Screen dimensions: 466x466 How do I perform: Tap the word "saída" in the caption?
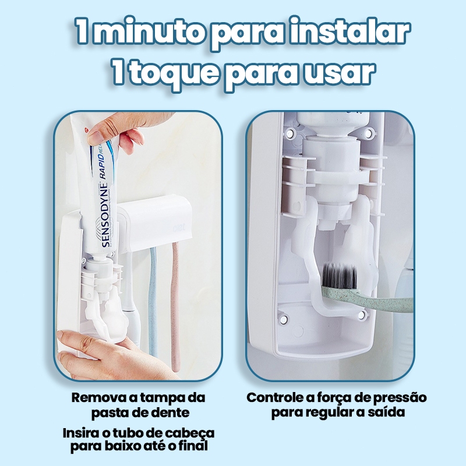[x=384, y=412]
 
